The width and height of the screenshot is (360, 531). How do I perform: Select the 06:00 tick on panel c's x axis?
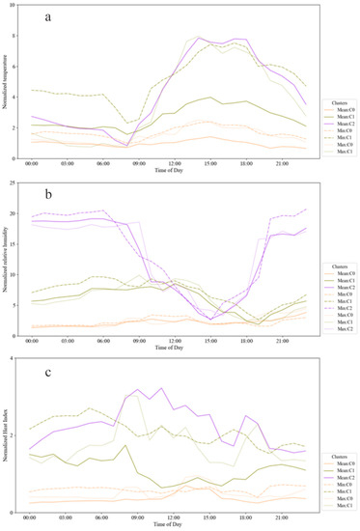(101, 518)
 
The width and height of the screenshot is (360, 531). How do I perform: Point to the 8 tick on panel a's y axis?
(13, 37)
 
